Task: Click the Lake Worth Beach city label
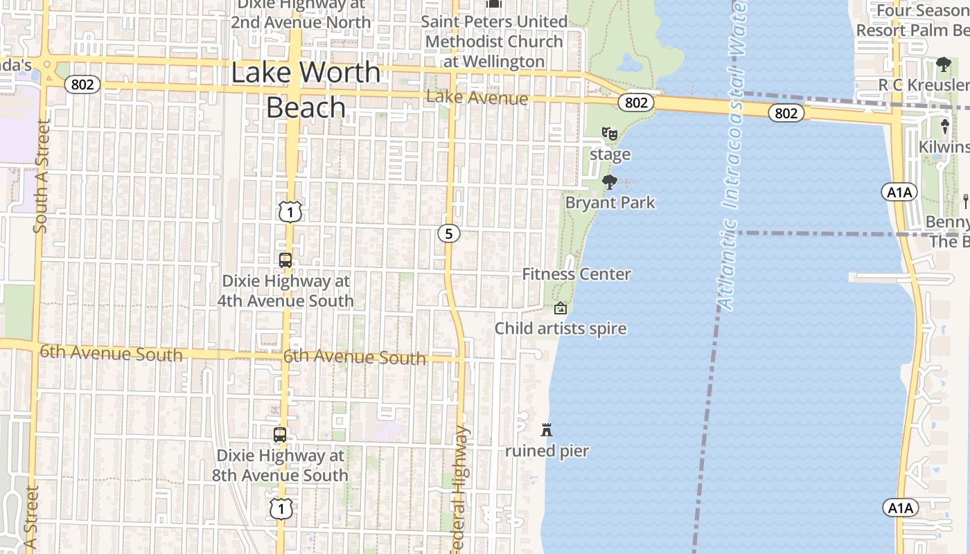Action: point(306,90)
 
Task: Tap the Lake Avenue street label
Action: point(477,98)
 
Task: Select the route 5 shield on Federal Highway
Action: point(448,234)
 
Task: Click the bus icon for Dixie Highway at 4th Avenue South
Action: point(285,260)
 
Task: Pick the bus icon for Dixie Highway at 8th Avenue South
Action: point(280,435)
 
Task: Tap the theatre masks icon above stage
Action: point(610,133)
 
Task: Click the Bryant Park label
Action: point(610,203)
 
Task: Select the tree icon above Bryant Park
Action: point(610,182)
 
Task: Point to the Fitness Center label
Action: point(576,274)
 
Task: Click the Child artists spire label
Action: point(560,328)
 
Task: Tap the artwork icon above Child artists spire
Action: point(560,308)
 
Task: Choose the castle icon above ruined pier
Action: point(547,430)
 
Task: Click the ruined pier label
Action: point(547,452)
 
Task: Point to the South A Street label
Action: point(41,177)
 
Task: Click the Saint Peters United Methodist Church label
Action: point(495,42)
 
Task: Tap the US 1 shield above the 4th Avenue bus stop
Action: point(290,212)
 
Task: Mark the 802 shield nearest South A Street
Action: point(83,85)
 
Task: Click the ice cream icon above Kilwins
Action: point(944,127)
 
